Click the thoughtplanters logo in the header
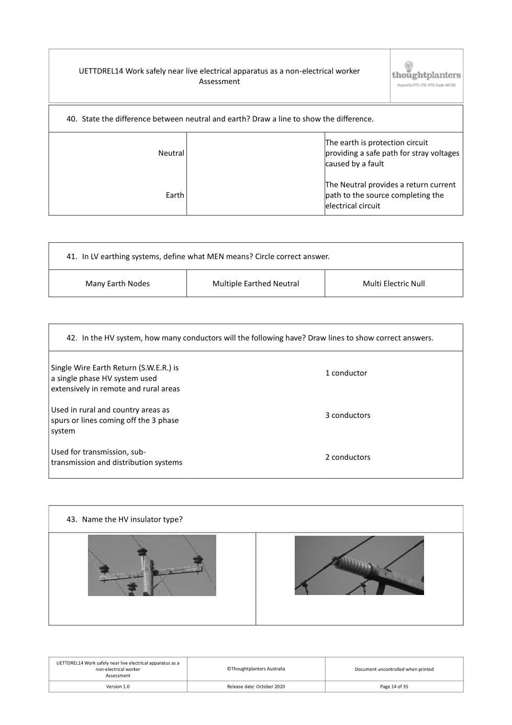click(426, 75)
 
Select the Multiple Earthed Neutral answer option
click(255, 284)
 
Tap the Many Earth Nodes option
click(117, 284)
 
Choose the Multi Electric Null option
click(394, 284)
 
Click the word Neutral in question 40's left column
click(171, 153)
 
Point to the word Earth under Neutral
click(175, 195)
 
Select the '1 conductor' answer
click(346, 373)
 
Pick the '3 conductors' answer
click(348, 415)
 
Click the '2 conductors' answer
click(348, 457)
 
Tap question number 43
click(72, 520)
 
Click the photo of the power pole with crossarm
click(152, 565)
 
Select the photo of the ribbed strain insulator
click(359, 565)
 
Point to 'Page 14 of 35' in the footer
click(394, 687)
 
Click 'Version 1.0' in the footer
click(118, 687)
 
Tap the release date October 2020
click(256, 687)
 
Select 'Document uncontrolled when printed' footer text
click(394, 669)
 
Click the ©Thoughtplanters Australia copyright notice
click(256, 669)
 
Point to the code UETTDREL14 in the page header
click(101, 71)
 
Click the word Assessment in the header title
click(219, 82)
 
